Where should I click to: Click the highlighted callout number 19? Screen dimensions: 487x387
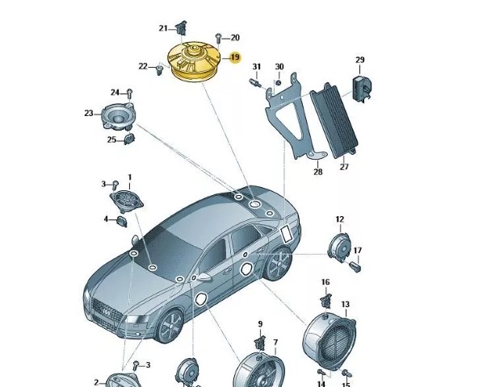235,57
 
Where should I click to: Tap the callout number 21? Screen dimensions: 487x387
163,28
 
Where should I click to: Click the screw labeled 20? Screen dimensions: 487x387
218,39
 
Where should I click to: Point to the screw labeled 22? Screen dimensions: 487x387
160,70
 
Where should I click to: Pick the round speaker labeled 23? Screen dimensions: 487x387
119,116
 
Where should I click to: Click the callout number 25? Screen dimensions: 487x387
111,139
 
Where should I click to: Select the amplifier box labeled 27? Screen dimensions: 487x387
334,120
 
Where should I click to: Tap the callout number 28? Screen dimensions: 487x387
318,172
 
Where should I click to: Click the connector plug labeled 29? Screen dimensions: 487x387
362,87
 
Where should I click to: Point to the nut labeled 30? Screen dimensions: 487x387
279,83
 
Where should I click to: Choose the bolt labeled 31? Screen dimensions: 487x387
255,83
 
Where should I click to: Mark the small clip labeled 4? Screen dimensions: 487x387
122,222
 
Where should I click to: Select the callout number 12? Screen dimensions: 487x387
340,219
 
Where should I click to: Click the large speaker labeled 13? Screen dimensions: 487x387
330,341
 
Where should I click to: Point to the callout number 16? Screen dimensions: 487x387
325,282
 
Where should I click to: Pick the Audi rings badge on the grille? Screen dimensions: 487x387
105,313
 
